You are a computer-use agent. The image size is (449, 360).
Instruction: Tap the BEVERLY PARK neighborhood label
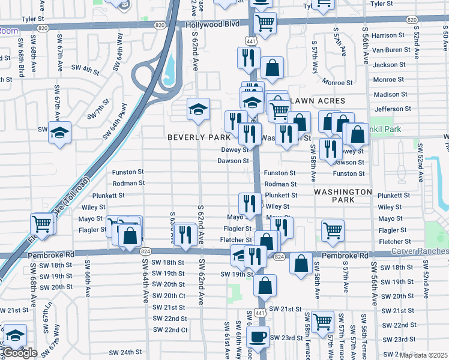199,137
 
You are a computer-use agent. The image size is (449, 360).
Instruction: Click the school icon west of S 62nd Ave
198,109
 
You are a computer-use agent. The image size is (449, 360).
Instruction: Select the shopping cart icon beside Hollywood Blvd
265,23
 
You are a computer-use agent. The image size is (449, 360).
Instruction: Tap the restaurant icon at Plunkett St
248,203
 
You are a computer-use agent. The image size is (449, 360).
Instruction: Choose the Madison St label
390,94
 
